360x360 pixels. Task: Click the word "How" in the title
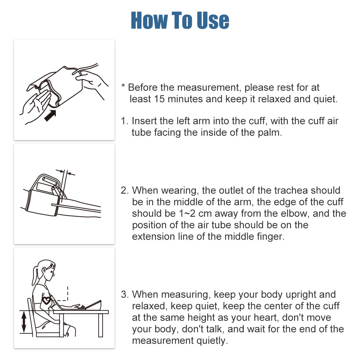point(149,21)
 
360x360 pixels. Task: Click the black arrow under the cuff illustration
point(50,116)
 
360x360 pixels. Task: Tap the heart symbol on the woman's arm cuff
point(47,300)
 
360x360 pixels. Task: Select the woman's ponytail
point(35,275)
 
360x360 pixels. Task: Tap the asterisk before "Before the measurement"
point(123,86)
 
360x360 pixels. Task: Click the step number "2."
point(125,190)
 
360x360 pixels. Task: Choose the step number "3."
point(125,294)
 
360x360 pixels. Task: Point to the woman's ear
point(44,270)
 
